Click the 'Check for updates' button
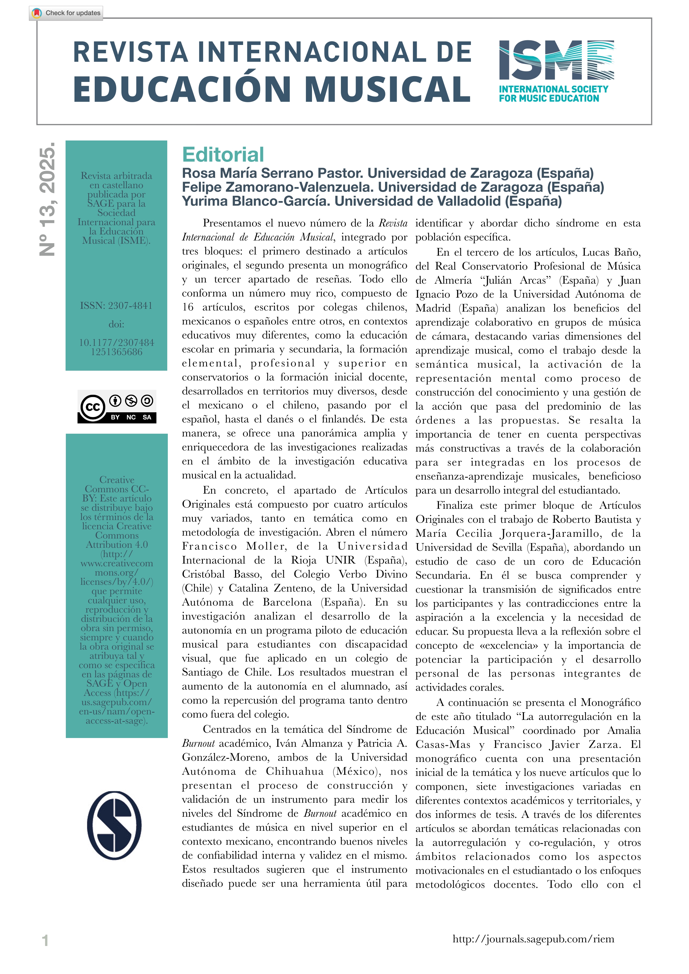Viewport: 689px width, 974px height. tap(66, 13)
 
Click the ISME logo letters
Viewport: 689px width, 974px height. tap(556, 60)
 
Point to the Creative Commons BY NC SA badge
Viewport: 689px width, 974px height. tap(117, 406)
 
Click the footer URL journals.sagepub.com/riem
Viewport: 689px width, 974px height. tap(533, 939)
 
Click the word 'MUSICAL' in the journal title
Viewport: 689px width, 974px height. tap(388, 89)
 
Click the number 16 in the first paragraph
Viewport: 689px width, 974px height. tap(188, 307)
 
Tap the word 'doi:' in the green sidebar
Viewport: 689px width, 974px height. tap(116, 325)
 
